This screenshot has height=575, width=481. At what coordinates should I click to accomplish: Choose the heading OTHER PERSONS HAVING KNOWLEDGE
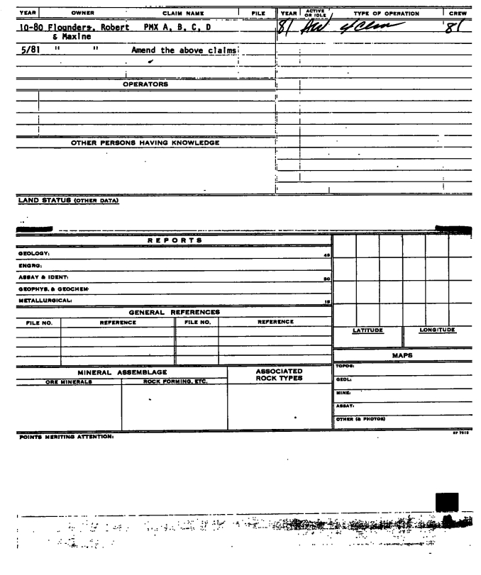click(x=145, y=143)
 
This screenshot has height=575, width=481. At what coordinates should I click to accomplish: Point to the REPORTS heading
click(x=174, y=240)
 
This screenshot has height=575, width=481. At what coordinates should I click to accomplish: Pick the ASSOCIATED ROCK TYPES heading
click(x=279, y=374)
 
